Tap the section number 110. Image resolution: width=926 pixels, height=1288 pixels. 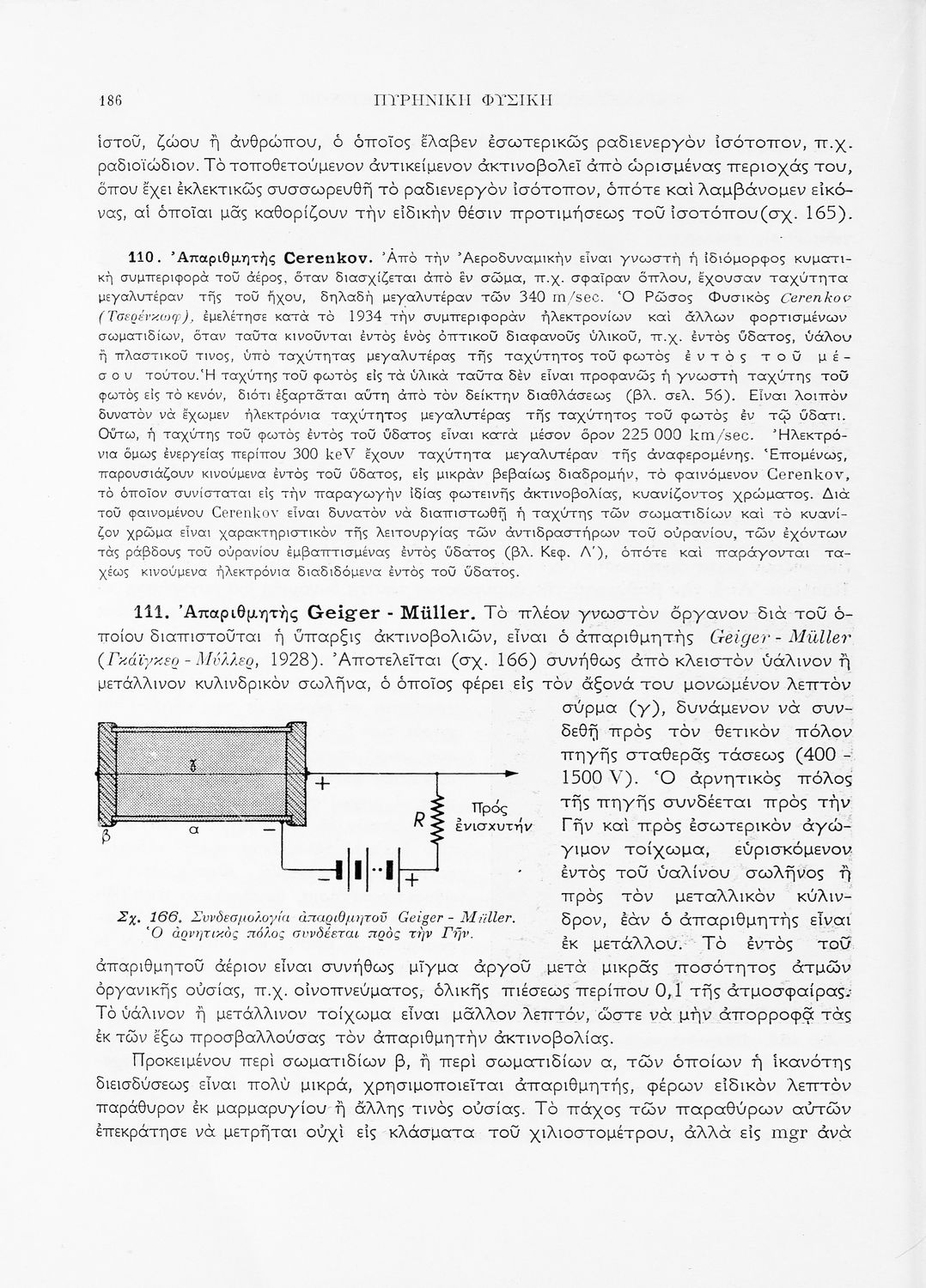click(x=140, y=256)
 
